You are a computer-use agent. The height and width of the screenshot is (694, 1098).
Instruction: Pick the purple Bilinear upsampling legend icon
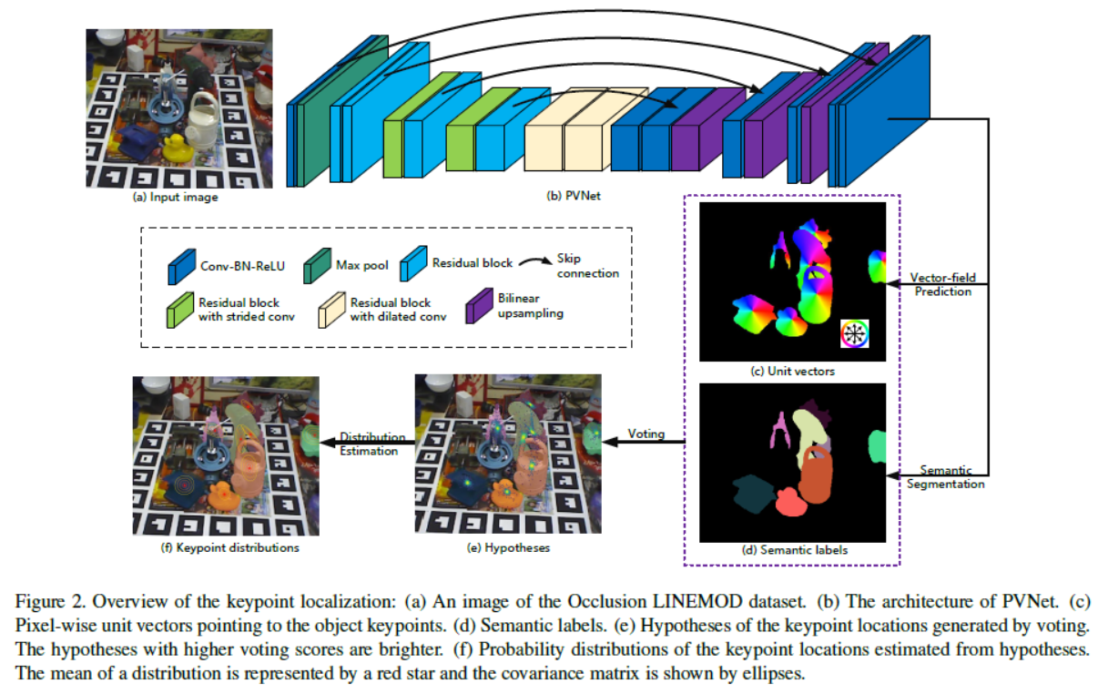(479, 309)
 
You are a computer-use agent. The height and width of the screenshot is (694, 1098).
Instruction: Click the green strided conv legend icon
(178, 310)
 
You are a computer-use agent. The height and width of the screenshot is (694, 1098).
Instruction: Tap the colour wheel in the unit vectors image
(854, 334)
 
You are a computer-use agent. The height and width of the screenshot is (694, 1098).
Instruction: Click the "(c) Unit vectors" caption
(791, 371)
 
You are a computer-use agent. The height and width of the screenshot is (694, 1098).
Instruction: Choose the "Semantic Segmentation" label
(944, 477)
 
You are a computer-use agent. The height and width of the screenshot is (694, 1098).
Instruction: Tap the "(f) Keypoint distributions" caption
(226, 548)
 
